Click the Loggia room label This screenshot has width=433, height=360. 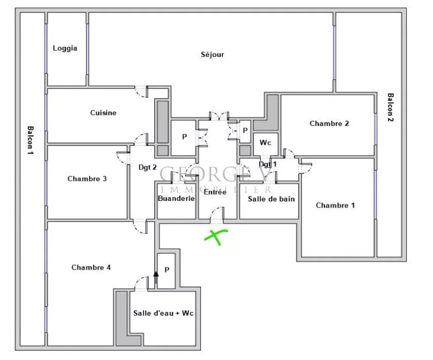point(65,48)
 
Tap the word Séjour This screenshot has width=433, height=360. point(213,54)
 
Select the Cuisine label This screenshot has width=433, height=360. point(103,112)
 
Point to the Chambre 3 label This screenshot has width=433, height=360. point(87,179)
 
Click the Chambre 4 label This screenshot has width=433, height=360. point(91,267)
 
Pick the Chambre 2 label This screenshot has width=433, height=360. point(329,123)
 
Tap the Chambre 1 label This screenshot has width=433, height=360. point(335,205)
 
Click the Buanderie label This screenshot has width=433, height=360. point(176,198)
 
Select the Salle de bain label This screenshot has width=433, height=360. point(271,199)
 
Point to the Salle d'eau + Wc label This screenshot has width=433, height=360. point(163,313)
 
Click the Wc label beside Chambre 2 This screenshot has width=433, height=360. point(265,143)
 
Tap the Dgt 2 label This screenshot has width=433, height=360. point(147,167)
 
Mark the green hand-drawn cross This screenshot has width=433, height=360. point(216,237)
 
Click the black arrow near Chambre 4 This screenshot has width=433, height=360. point(156,278)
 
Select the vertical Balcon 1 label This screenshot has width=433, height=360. point(30,141)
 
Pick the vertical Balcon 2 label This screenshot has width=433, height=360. point(391,108)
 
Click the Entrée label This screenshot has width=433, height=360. point(215,192)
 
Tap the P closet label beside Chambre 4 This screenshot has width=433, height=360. point(167,270)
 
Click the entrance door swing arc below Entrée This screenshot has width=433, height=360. point(217,213)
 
